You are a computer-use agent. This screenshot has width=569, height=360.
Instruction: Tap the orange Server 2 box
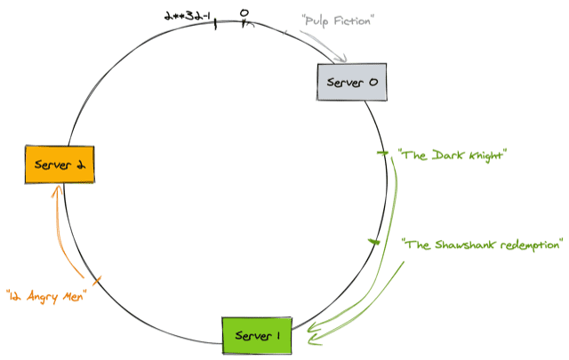click(x=60, y=164)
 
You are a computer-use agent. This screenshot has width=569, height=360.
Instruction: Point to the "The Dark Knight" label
click(x=451, y=155)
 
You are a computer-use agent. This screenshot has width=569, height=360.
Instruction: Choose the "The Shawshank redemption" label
click(x=483, y=243)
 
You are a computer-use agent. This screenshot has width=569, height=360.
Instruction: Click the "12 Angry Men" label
click(x=44, y=294)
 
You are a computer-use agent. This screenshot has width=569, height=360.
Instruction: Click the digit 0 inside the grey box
click(x=373, y=83)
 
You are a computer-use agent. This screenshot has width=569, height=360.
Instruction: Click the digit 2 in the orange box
click(x=80, y=164)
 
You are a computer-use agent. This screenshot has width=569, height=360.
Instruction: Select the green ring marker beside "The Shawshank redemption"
click(x=375, y=241)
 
